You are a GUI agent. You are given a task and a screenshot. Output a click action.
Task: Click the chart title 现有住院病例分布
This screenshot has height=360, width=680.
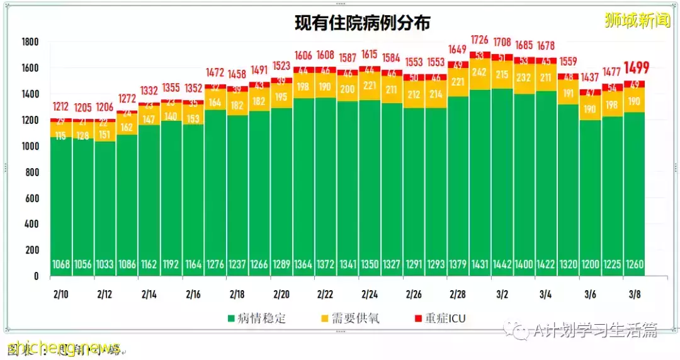click(363, 23)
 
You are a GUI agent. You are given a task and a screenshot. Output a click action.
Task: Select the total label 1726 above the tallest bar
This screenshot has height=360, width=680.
click(481, 40)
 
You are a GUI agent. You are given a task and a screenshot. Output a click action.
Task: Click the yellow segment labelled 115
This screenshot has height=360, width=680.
click(61, 136)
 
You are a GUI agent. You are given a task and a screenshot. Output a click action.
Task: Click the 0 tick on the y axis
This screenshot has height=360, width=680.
click(36, 276)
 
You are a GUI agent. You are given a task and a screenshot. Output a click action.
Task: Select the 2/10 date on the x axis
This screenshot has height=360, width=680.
click(61, 294)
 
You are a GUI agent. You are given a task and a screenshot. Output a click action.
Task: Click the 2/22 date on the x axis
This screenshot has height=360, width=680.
click(326, 294)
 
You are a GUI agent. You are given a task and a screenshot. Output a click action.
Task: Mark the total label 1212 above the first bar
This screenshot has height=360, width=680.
click(61, 106)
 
